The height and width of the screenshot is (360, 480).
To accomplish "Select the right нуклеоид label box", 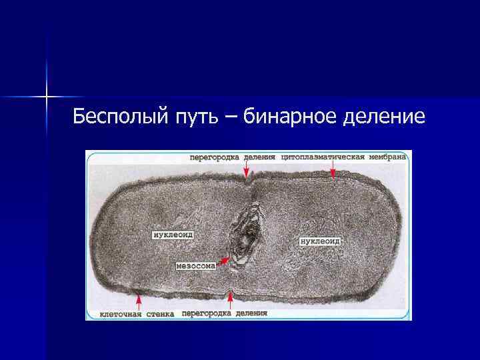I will pos(320,240).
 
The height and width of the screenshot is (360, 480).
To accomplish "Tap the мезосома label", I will pos(196,265).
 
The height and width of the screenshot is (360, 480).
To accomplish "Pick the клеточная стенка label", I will pos(137,313).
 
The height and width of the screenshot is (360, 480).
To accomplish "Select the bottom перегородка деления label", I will pos(224,313).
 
